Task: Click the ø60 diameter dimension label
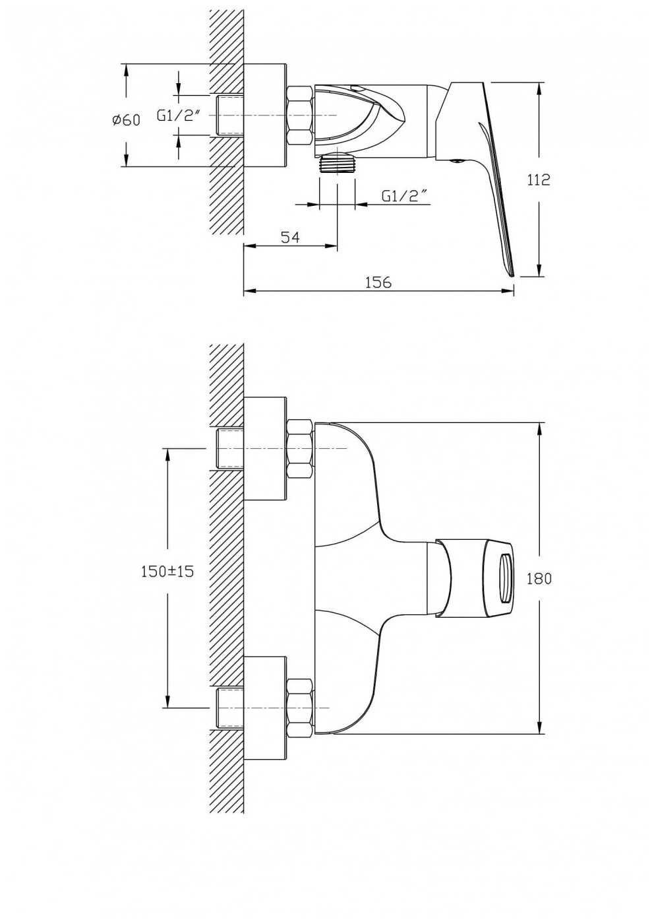click(126, 120)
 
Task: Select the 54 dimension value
click(291, 237)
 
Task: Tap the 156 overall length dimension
click(378, 282)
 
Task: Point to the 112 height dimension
click(539, 180)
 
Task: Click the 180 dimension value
click(539, 579)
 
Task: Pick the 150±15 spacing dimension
click(167, 572)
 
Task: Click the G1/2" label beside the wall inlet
click(178, 115)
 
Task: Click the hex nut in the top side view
click(300, 115)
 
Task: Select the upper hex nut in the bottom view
click(300, 449)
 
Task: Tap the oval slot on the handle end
click(506, 578)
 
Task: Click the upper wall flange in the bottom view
click(264, 449)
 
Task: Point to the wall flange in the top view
click(264, 115)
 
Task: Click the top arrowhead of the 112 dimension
click(540, 89)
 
